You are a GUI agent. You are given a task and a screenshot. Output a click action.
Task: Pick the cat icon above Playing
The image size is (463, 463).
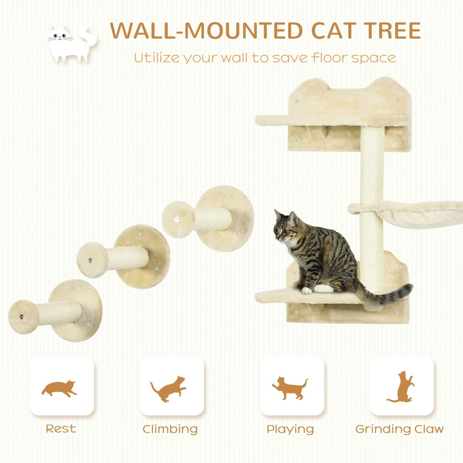[291, 387]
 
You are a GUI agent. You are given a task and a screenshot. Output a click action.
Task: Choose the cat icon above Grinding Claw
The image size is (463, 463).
[401, 387]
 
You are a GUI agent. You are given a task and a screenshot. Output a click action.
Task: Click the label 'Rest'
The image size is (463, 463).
[61, 429]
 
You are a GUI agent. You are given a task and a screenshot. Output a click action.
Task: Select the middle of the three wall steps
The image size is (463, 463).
[123, 258]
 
